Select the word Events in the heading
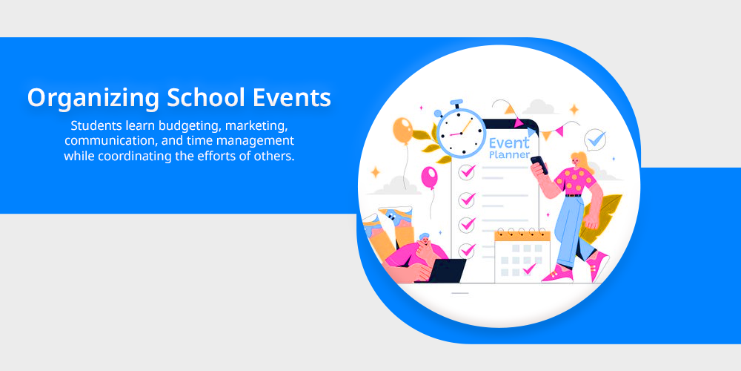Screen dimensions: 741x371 tap(291, 97)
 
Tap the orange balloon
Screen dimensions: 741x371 tap(402, 131)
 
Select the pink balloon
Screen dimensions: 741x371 tap(429, 177)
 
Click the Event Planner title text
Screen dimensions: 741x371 tap(509, 148)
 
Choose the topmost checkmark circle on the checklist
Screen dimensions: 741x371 tap(467, 172)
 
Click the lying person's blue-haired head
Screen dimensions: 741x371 tap(425, 240)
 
